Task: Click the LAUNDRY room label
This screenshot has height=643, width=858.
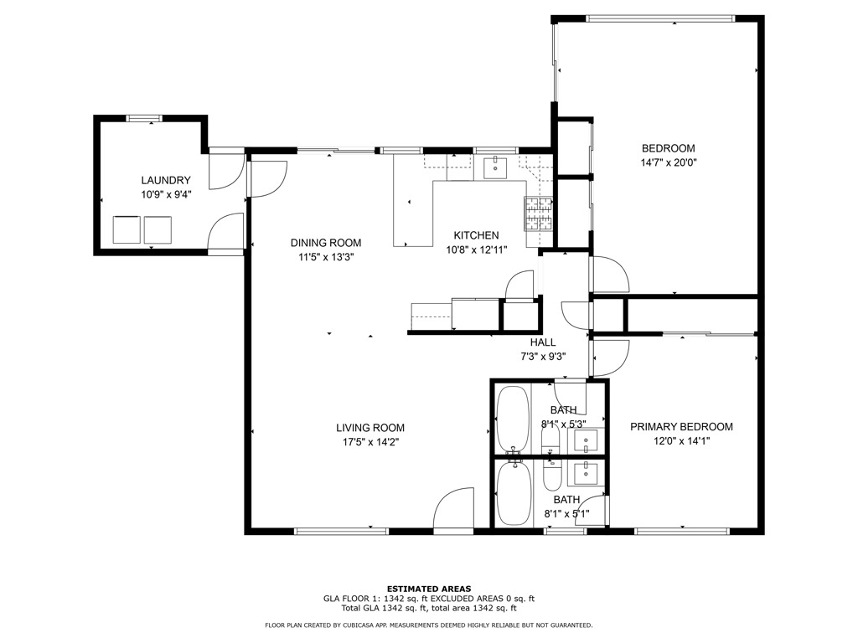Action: [x=166, y=180]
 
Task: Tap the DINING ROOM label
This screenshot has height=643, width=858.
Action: [x=326, y=243]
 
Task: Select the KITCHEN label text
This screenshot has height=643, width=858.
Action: [x=476, y=235]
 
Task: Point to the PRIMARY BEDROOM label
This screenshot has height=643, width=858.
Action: [x=681, y=426]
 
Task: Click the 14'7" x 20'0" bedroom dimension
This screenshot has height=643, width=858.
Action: [x=668, y=162]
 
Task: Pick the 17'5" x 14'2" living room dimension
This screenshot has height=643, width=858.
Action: [x=370, y=442]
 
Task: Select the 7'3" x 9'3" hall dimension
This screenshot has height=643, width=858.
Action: [x=543, y=357]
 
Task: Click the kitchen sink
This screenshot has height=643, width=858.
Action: [x=495, y=167]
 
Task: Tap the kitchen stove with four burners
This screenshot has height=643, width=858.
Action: [x=539, y=213]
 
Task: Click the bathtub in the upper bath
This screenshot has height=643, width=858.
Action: [x=513, y=419]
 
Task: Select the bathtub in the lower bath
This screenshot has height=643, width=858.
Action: [x=514, y=492]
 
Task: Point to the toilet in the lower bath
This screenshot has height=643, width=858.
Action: [x=552, y=475]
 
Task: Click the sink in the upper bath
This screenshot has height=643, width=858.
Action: [x=586, y=440]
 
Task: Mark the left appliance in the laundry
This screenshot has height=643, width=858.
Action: [x=127, y=229]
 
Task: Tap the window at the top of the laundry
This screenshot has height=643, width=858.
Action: [x=144, y=118]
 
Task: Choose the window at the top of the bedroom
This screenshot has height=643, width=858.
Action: [x=660, y=18]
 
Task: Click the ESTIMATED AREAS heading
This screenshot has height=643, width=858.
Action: [x=429, y=589]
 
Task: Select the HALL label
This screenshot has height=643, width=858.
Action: [x=543, y=342]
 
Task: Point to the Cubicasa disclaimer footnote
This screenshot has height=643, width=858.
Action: [x=428, y=625]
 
